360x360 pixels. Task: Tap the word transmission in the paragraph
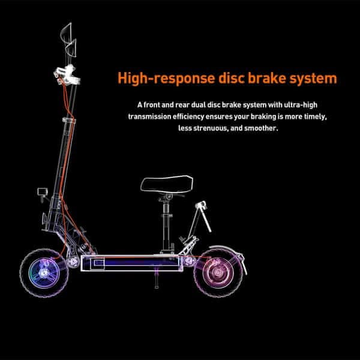click(153, 116)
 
